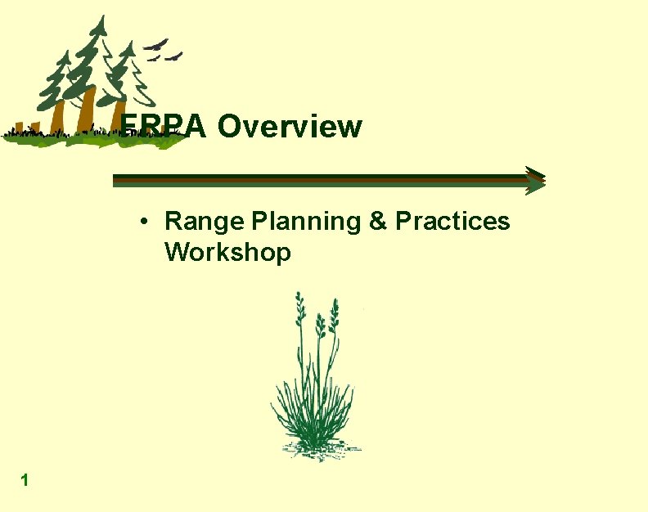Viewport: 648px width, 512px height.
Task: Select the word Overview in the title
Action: click(290, 127)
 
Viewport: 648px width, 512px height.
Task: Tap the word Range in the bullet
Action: click(205, 222)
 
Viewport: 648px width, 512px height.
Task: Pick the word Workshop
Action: click(227, 253)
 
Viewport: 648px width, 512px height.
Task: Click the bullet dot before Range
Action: click(143, 222)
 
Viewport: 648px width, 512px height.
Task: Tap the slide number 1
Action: click(25, 481)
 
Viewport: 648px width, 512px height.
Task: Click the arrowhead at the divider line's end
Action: click(535, 180)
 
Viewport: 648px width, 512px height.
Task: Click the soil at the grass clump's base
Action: click(315, 448)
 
